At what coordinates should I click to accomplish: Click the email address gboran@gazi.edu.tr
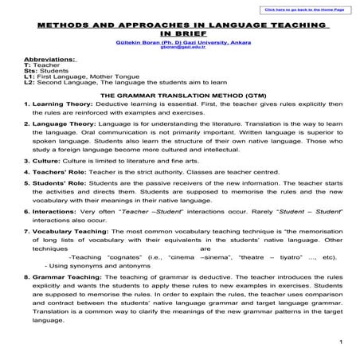pyautogui.click(x=180, y=46)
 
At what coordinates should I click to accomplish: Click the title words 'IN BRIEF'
pyautogui.click(x=179, y=33)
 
